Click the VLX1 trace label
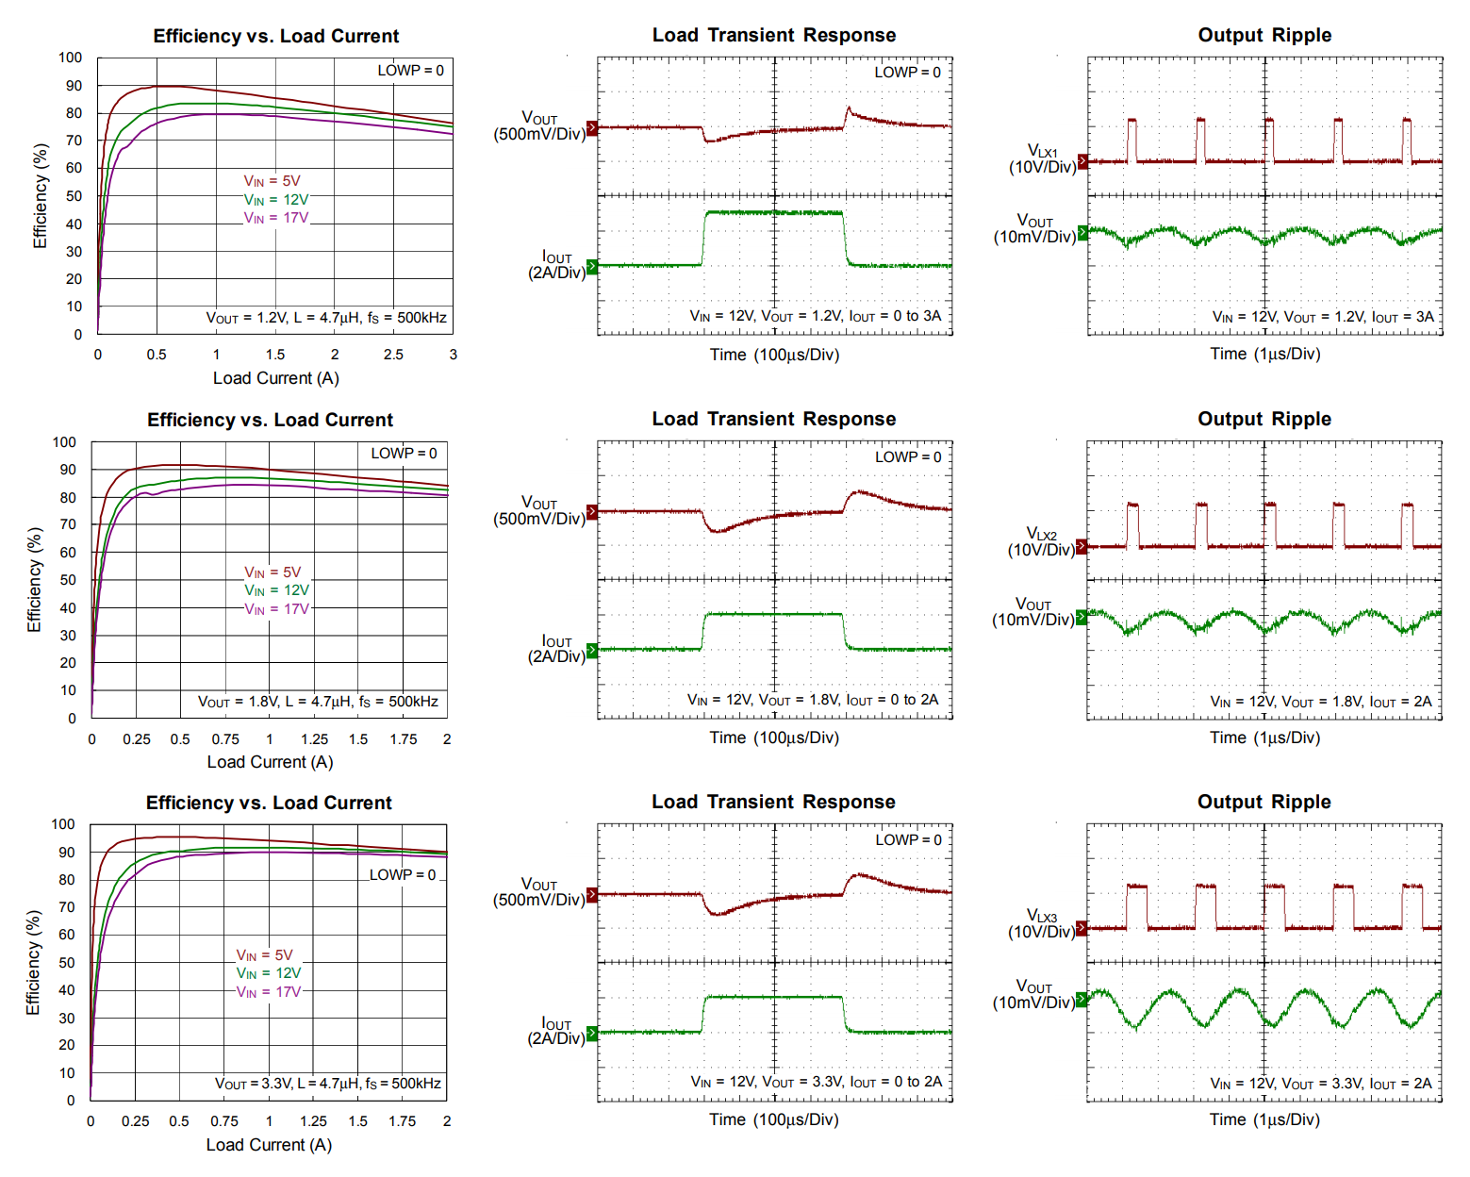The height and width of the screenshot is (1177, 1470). pyautogui.click(x=1042, y=152)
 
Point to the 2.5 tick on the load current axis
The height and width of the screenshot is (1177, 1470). pyautogui.click(x=393, y=355)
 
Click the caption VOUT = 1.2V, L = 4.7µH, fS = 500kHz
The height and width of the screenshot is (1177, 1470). pyautogui.click(x=326, y=318)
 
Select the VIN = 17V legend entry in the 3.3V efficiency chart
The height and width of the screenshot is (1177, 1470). pyautogui.click(x=269, y=992)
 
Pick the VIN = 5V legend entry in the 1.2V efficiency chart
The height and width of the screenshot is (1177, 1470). pyautogui.click(x=272, y=181)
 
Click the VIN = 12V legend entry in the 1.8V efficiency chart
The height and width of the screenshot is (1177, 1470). pyautogui.click(x=276, y=590)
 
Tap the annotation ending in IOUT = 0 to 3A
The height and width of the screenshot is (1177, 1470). pyautogui.click(x=815, y=316)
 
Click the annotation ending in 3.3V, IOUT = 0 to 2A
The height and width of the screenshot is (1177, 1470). pyautogui.click(x=816, y=1082)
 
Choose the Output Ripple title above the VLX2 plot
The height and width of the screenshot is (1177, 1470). pyautogui.click(x=1264, y=419)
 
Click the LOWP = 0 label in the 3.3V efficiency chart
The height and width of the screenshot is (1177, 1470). pyautogui.click(x=403, y=875)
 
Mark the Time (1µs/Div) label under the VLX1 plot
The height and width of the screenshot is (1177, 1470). pyautogui.click(x=1264, y=355)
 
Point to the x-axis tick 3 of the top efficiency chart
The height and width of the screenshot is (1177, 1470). pyautogui.click(x=454, y=355)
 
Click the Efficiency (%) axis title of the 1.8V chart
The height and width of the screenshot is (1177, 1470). pyautogui.click(x=35, y=580)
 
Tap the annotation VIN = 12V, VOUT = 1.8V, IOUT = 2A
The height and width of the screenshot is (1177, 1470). pyautogui.click(x=1320, y=702)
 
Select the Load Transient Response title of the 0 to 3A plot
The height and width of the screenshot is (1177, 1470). pyautogui.click(x=774, y=36)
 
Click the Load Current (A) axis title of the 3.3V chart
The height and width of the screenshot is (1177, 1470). pyautogui.click(x=269, y=1145)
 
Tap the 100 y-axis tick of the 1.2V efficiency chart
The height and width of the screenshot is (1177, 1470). pyautogui.click(x=70, y=58)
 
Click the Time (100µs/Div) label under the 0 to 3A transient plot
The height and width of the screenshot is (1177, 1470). pyautogui.click(x=774, y=355)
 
